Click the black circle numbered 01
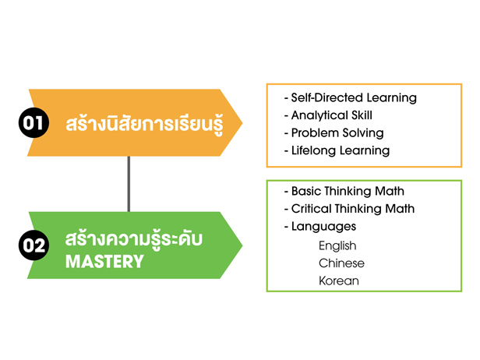pyautogui.click(x=34, y=123)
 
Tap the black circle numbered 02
pyautogui.click(x=34, y=245)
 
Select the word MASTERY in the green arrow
pyautogui.click(x=104, y=262)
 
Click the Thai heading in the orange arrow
pyautogui.click(x=144, y=124)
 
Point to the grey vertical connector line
pyautogui.click(x=129, y=184)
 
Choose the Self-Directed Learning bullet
pyautogui.click(x=351, y=97)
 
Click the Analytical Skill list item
pyautogui.click(x=328, y=115)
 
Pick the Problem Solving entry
pyautogui.click(x=334, y=132)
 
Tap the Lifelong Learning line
pyautogui.click(x=337, y=150)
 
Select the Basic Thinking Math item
pyautogui.click(x=344, y=191)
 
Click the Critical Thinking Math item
pyautogui.click(x=350, y=209)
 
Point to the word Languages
pyautogui.click(x=323, y=227)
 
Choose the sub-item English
pyautogui.click(x=337, y=245)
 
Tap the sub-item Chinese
pyautogui.click(x=341, y=263)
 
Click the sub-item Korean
pyautogui.click(x=339, y=281)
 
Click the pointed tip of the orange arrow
pyautogui.click(x=242, y=123)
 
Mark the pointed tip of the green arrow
pyautogui.click(x=242, y=245)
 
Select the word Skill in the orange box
pyautogui.click(x=362, y=115)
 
